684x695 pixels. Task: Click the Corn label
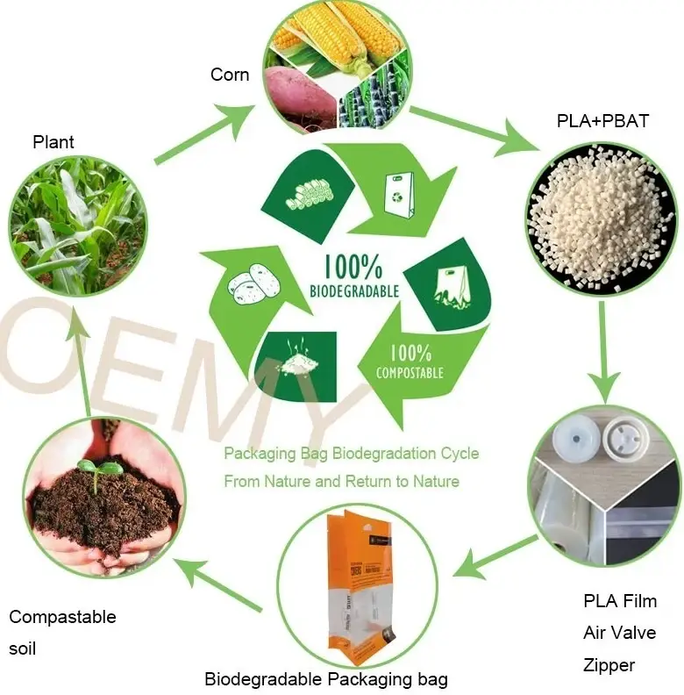point(230,75)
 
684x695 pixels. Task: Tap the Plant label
point(53,142)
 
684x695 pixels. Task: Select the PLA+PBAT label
point(602,121)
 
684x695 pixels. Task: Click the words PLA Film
point(619,601)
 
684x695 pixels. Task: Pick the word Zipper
point(609,665)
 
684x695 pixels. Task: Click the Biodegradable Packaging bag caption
point(325,679)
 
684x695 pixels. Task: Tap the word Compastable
point(62,617)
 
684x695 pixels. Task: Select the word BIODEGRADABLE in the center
point(354,290)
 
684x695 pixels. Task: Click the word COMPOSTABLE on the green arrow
point(410,373)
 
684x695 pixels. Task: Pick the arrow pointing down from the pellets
point(604,351)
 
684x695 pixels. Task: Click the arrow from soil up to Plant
point(81,360)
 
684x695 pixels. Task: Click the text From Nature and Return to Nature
point(341,481)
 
